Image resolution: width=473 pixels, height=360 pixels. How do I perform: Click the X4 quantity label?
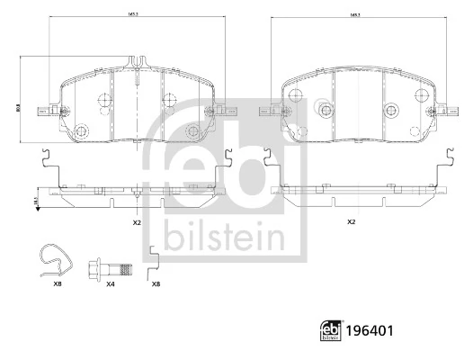(x=111, y=284)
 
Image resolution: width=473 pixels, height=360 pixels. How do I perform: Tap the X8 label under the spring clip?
(x=58, y=284)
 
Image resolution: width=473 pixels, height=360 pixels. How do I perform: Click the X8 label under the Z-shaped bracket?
(x=156, y=284)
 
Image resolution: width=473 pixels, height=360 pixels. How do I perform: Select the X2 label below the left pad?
(x=137, y=222)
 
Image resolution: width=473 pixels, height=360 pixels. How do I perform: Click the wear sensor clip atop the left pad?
(x=137, y=63)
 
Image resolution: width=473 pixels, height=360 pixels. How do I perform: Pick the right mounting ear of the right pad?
(x=442, y=112)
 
